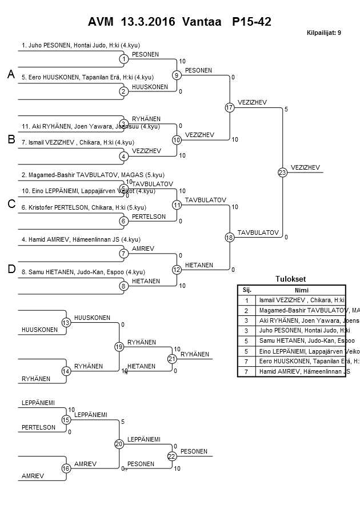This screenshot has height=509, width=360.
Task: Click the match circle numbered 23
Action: click(282, 172)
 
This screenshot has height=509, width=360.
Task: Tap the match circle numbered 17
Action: click(230, 107)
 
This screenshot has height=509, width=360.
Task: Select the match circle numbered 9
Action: click(177, 75)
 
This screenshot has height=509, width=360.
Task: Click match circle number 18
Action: click(230, 237)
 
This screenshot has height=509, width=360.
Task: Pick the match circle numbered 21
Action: click(172, 359)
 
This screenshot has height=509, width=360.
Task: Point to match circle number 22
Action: click(172, 456)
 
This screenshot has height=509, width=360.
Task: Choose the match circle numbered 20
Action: click(119, 444)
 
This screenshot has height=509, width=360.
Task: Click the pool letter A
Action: click(11, 74)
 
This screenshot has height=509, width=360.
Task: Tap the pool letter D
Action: click(11, 270)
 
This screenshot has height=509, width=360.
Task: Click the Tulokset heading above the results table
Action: click(291, 279)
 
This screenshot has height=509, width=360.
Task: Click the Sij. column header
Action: click(247, 290)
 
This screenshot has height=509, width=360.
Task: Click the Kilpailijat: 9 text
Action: click(324, 33)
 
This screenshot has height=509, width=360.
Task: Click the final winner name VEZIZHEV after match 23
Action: click(305, 167)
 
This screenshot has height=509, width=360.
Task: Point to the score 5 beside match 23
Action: click(286, 109)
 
